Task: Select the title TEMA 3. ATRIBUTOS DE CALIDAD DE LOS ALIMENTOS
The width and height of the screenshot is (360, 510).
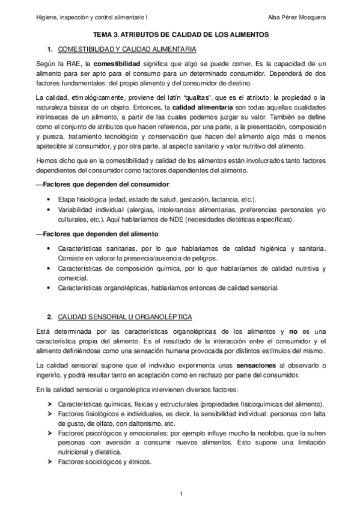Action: coord(180,35)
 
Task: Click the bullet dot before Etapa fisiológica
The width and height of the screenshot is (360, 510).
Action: coord(47,198)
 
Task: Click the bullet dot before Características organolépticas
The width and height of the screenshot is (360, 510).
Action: coord(47,287)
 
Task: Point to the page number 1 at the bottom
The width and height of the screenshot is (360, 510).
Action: coord(180,494)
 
